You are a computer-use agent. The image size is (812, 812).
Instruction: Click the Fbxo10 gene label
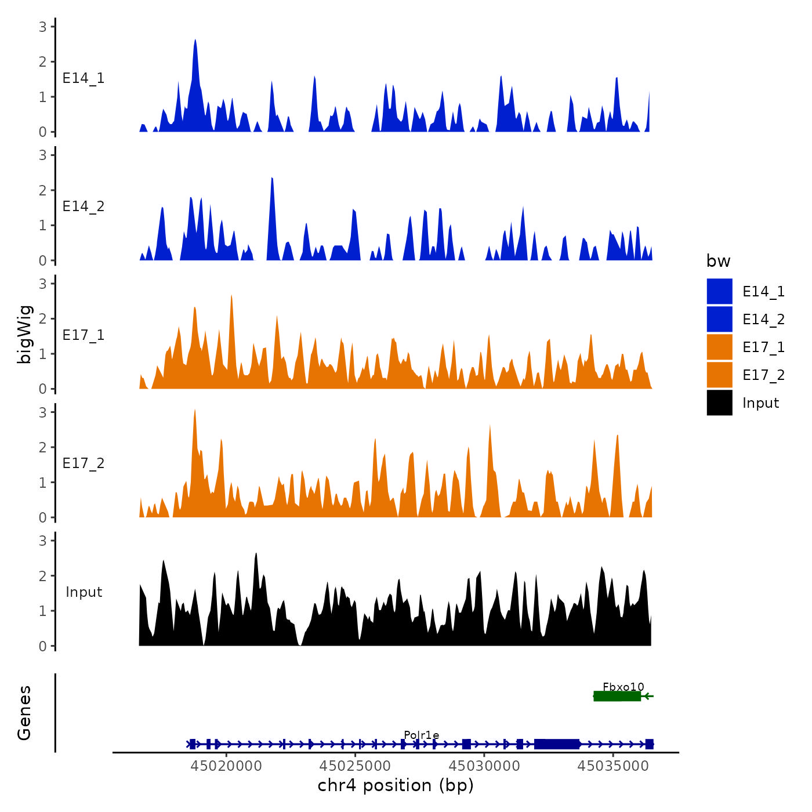(623, 687)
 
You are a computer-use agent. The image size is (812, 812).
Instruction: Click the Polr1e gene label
(421, 735)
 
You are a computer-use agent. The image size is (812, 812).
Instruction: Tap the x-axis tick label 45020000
(226, 766)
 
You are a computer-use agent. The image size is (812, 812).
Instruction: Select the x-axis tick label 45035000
(612, 766)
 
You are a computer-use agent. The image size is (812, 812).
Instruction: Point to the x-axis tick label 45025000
(355, 766)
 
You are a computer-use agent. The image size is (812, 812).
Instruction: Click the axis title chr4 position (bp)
(396, 785)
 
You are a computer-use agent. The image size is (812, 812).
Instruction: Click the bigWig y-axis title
(25, 335)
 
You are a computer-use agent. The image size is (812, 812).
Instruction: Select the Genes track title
(24, 713)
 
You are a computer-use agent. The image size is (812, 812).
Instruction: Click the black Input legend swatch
(719, 403)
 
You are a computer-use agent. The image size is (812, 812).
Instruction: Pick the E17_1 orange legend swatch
(719, 347)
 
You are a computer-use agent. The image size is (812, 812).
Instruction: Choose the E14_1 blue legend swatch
(719, 291)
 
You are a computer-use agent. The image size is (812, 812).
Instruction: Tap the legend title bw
(718, 261)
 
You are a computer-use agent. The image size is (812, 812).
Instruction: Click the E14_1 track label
(84, 78)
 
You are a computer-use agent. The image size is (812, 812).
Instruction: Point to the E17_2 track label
(84, 463)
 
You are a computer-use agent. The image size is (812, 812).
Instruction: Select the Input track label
(84, 592)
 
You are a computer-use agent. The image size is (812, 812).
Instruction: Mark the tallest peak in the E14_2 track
(272, 179)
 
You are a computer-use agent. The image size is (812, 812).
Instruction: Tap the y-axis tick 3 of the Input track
(42, 541)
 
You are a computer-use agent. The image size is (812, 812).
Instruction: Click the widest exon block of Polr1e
(557, 744)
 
